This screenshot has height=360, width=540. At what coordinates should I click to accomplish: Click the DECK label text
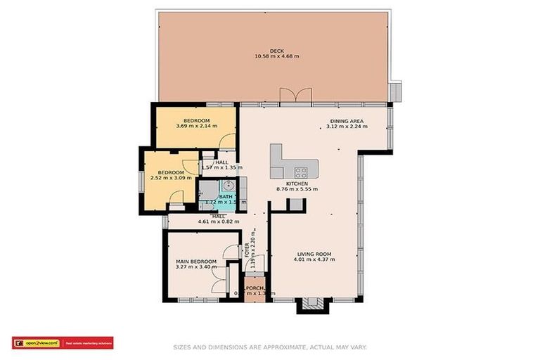coord(276,51)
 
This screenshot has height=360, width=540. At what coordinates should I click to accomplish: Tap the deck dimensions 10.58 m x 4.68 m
coord(276,57)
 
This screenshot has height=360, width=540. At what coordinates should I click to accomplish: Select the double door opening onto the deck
coord(293,97)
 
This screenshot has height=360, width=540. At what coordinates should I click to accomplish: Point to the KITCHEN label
coord(295,184)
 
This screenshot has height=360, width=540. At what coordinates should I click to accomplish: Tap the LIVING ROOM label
coord(314,254)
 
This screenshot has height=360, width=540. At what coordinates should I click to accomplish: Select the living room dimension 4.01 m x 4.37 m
coord(314,260)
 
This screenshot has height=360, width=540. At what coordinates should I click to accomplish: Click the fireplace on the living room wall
coord(311,305)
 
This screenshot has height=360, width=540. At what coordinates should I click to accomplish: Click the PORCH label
coord(255,288)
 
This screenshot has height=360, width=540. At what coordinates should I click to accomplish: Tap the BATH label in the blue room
coord(225,196)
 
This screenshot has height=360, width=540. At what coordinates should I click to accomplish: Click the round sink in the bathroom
coord(228,185)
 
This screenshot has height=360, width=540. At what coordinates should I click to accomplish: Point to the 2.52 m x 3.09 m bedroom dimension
coord(170,179)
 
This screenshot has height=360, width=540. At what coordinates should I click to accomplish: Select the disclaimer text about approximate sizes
coord(270,347)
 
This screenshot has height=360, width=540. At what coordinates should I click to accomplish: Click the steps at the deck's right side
coord(397,92)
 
